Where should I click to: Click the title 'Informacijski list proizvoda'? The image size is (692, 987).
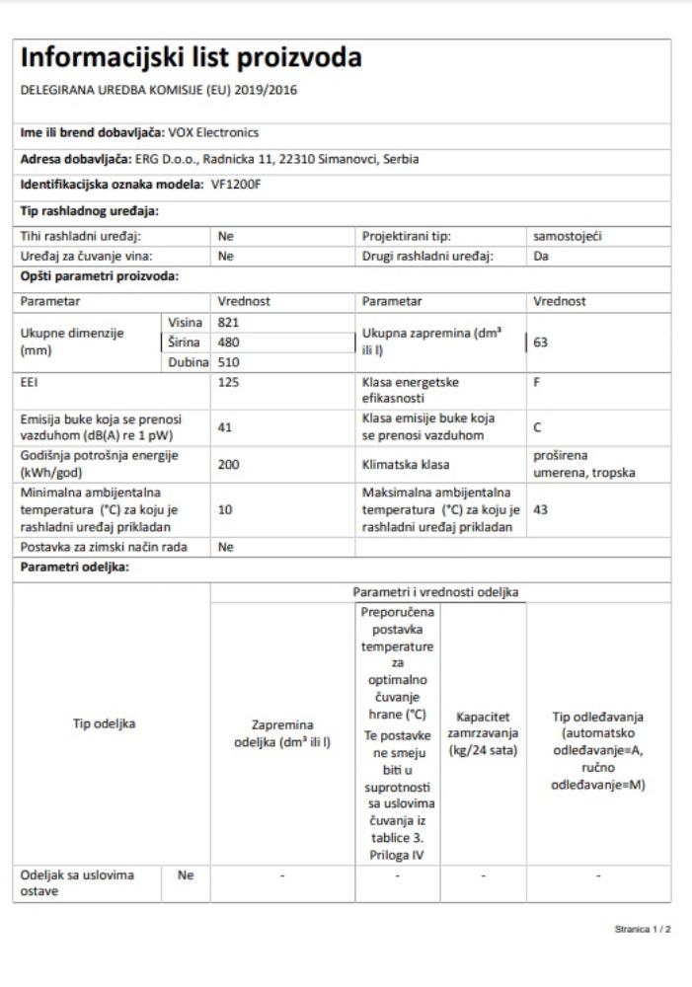coord(191,58)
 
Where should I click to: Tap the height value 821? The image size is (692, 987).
coord(228,322)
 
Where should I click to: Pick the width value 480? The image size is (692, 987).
coord(228,342)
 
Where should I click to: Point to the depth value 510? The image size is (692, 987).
coord(228,362)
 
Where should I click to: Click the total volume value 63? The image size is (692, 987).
coord(540,342)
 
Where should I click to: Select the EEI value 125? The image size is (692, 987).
coord(228,382)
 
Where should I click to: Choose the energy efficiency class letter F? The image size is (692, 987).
coord(536,382)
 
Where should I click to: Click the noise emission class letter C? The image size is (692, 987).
coord(536,426)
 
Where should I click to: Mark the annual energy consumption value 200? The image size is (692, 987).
coord(228,464)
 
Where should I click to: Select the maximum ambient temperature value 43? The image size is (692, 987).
coord(540,511)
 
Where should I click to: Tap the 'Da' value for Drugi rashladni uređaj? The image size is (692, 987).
coord(540,256)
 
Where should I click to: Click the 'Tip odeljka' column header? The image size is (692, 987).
coord(105,723)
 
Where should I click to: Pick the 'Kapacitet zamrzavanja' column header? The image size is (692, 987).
coord(483,731)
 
